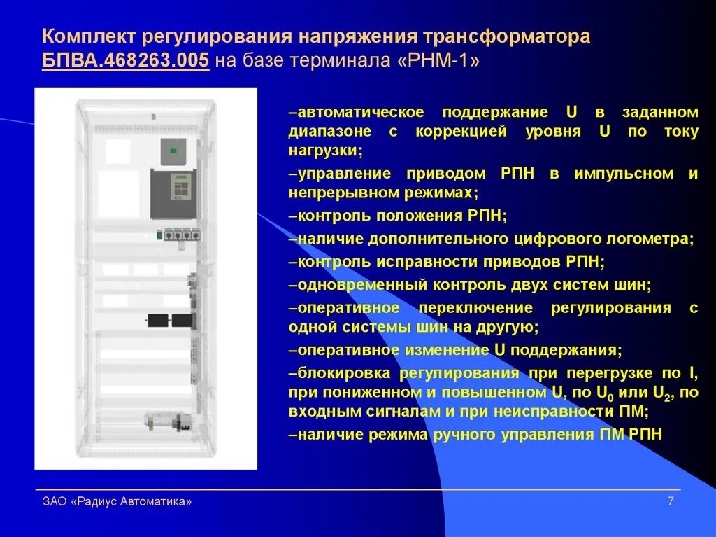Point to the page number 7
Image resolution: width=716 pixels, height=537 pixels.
(x=671, y=501)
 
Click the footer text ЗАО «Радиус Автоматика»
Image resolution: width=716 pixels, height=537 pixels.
(x=117, y=501)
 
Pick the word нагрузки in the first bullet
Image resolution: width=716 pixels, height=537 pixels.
(x=323, y=150)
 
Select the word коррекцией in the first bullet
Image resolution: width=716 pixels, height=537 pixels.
(x=461, y=131)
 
